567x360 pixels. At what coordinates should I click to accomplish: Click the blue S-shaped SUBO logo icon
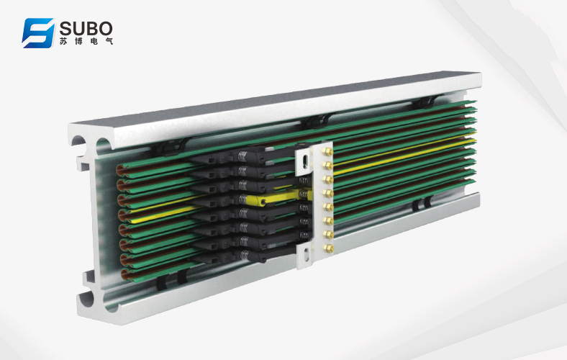pyautogui.click(x=38, y=33)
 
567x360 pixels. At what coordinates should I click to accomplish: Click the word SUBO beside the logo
pyautogui.click(x=86, y=28)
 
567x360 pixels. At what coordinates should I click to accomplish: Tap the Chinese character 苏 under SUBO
pyautogui.click(x=63, y=41)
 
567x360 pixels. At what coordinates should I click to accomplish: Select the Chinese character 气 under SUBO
pyautogui.click(x=109, y=41)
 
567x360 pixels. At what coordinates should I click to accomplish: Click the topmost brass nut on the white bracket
pyautogui.click(x=327, y=151)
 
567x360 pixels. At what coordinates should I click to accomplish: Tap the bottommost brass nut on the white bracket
pyautogui.click(x=328, y=248)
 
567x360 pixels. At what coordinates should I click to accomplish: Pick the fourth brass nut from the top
pyautogui.click(x=328, y=193)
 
